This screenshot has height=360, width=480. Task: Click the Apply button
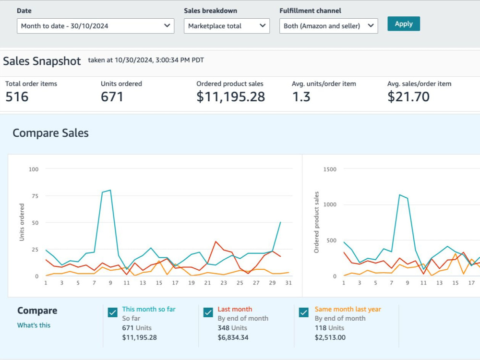point(404,24)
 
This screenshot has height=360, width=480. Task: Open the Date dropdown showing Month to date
point(96,26)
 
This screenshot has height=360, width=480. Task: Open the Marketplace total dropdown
point(227,26)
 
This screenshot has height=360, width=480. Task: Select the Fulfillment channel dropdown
point(328,26)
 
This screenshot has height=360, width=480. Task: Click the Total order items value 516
point(17,97)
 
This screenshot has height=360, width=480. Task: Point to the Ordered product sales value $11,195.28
point(230,97)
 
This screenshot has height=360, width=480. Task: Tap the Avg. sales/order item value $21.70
point(408,97)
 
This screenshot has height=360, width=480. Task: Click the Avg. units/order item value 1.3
point(301,97)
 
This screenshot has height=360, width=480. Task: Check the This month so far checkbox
point(113,312)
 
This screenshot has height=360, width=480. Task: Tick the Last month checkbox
point(208,312)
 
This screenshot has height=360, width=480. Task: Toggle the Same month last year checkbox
point(304,312)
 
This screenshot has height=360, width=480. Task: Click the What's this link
point(34,325)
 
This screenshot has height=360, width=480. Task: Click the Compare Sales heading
point(50,133)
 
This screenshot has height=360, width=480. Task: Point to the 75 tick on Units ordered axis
point(35,196)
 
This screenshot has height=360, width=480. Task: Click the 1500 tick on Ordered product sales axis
point(330,169)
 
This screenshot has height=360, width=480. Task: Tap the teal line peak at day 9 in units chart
point(110,190)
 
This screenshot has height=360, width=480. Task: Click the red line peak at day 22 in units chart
point(216,241)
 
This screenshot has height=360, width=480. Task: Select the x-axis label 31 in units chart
point(288,283)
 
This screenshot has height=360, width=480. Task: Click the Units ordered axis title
point(22,222)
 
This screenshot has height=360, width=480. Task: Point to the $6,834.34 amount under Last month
point(233,337)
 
